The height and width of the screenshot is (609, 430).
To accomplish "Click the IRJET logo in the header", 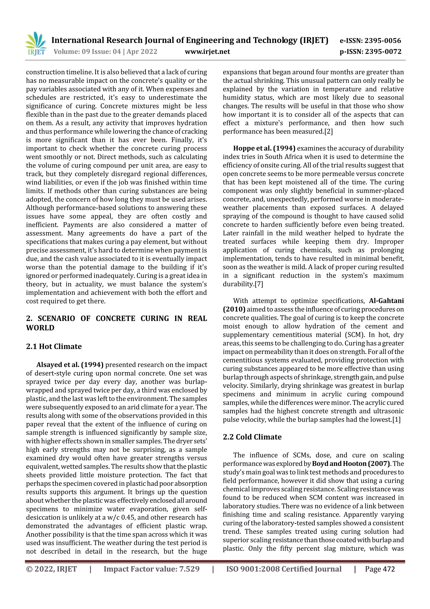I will click(36, 43).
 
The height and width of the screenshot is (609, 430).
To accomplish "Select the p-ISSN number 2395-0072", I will click(383, 52).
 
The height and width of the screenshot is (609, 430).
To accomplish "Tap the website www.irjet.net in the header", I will click(207, 52).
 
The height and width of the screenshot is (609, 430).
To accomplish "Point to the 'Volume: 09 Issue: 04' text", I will click(87, 52).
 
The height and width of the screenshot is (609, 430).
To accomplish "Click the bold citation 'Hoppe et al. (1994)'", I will click(264, 148).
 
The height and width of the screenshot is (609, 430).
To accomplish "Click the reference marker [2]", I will click(328, 132).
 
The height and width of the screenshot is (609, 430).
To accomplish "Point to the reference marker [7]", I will click(259, 284).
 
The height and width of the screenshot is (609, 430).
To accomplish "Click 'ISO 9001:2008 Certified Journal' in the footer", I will click(284, 569).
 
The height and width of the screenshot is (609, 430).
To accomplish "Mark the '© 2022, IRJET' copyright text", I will click(51, 569).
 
